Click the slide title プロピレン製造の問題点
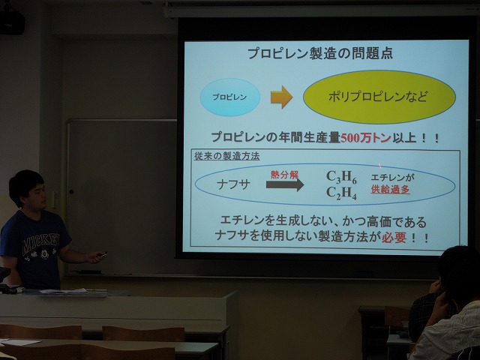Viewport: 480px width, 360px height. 320,53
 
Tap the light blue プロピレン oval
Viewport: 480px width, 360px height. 230,97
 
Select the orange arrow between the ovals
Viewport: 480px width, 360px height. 281,97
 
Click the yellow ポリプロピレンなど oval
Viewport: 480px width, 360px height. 379,97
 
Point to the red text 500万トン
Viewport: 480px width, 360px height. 365,138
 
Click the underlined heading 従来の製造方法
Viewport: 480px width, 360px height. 226,156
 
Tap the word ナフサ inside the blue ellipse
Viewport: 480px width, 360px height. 233,184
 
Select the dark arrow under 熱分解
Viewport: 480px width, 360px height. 285,185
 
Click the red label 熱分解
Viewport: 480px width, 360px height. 284,175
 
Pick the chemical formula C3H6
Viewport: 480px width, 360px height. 341,177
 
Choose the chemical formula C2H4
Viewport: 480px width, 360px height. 341,193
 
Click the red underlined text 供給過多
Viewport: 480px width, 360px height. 390,190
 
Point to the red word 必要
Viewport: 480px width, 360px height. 394,237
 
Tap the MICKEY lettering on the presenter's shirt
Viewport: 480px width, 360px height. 40,240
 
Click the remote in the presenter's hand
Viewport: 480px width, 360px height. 101,254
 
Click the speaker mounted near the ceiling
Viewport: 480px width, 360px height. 12,22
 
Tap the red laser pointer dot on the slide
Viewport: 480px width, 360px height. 380,166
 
